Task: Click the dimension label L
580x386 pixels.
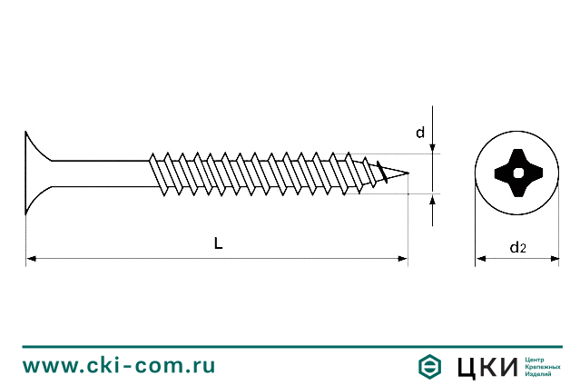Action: pyautogui.click(x=218, y=242)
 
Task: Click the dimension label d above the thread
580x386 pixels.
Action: pyautogui.click(x=420, y=133)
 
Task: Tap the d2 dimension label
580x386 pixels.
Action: pyautogui.click(x=517, y=246)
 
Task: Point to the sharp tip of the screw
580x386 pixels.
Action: pyautogui.click(x=408, y=173)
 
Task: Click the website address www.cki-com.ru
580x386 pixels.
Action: pyautogui.click(x=119, y=366)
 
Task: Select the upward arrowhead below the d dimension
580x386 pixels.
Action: pyautogui.click(x=433, y=199)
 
